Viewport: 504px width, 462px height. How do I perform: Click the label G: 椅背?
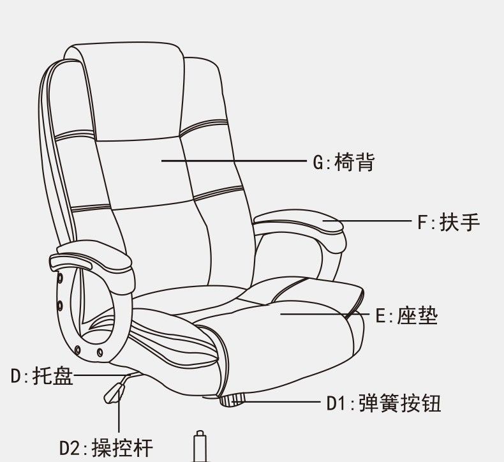click(344, 162)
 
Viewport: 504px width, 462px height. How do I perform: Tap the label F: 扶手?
click(448, 222)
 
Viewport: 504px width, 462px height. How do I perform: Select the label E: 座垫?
click(406, 316)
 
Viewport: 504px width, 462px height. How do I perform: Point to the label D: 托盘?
click(42, 376)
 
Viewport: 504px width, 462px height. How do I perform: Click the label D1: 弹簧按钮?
click(384, 403)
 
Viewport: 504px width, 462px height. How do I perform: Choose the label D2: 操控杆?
click(106, 447)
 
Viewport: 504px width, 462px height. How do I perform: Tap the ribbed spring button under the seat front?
click(232, 400)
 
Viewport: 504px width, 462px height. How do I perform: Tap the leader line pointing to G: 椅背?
click(233, 160)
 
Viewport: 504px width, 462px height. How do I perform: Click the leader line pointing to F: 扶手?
click(367, 221)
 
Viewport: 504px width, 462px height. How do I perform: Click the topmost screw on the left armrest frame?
click(60, 278)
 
